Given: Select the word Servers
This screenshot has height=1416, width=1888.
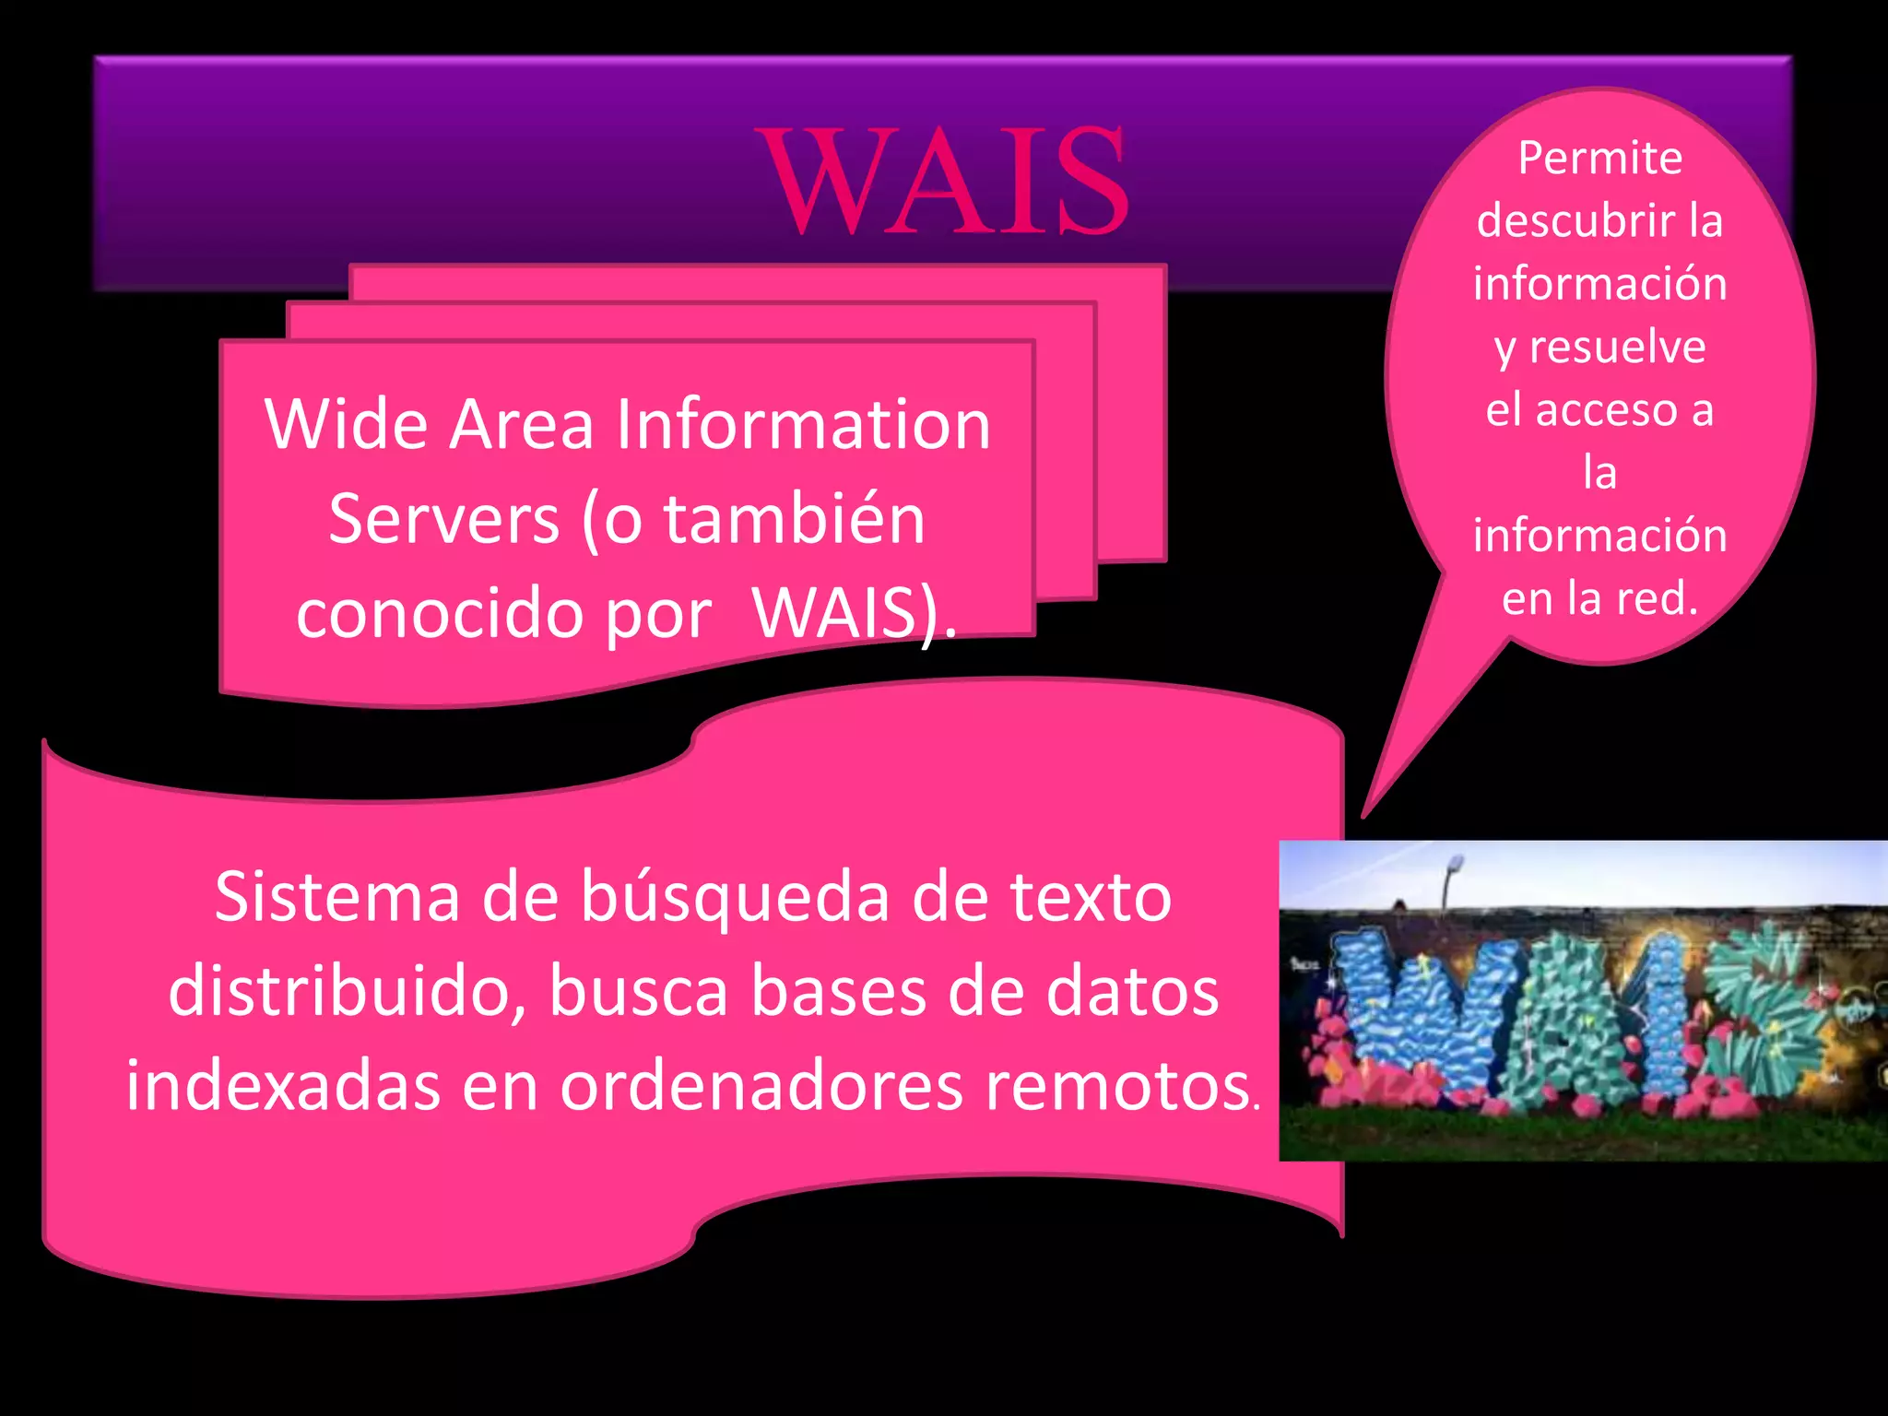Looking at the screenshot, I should [444, 519].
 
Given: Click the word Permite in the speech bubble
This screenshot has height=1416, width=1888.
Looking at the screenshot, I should [1600, 159].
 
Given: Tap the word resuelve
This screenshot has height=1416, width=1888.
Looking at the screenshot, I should [1617, 348].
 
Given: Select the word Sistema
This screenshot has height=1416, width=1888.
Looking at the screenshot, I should [337, 897].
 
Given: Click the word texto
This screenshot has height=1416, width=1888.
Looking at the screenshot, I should [1090, 897].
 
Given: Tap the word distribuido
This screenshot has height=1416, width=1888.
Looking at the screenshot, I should [346, 992].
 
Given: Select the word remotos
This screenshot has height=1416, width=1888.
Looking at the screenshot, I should [1115, 1087].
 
